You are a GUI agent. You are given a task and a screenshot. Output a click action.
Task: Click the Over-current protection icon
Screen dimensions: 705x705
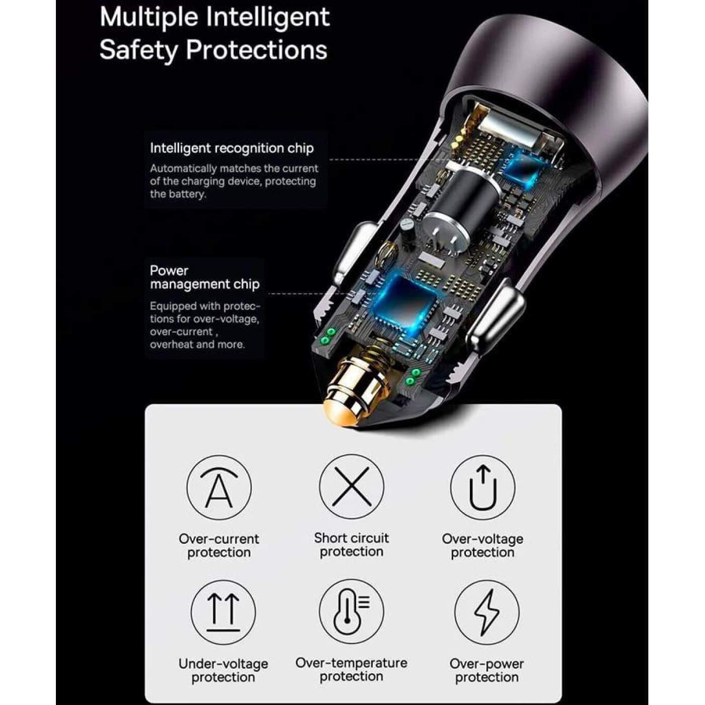[x=219, y=487]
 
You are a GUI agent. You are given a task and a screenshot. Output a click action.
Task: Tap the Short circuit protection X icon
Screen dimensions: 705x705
[x=351, y=486]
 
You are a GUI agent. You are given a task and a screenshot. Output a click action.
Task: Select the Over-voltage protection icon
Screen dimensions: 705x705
[x=482, y=487]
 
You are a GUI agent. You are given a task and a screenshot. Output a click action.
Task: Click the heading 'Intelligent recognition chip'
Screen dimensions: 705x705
[x=232, y=148]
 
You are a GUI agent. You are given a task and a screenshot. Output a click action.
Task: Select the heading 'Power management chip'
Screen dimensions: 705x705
[x=204, y=277]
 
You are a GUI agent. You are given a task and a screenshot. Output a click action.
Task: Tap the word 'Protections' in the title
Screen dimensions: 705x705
[x=256, y=49]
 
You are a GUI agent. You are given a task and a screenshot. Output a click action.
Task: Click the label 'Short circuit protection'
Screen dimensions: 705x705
[x=351, y=545]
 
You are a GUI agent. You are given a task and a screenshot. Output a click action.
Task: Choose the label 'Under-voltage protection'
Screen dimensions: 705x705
[x=223, y=670]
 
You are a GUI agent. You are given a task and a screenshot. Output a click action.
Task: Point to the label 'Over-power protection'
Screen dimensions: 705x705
[x=487, y=670]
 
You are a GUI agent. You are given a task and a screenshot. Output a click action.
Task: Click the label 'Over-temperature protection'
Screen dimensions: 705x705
[x=351, y=670]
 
